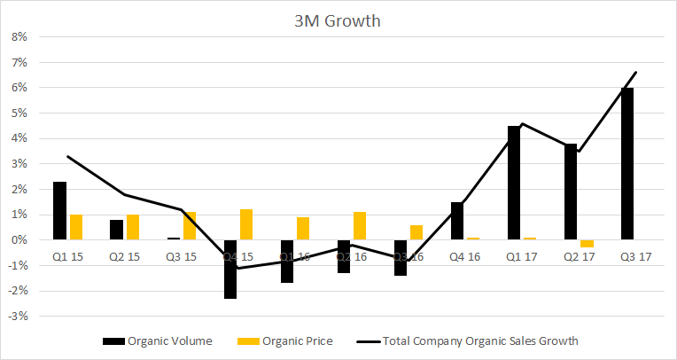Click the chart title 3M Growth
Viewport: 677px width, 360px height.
pyautogui.click(x=338, y=20)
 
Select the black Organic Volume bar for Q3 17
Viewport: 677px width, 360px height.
pyautogui.click(x=626, y=164)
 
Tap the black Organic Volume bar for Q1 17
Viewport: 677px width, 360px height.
pyautogui.click(x=513, y=183)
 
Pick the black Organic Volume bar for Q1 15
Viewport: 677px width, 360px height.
pyautogui.click(x=59, y=211)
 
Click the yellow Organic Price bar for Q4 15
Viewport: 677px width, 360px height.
pyautogui.click(x=246, y=224)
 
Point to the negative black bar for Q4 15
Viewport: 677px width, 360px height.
pyautogui.click(x=230, y=269)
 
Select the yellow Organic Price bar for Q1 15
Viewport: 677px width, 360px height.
pyautogui.click(x=76, y=227)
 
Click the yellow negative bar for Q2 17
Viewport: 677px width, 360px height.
pyautogui.click(x=587, y=244)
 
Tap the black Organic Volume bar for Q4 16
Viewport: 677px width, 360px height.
pyautogui.click(x=456, y=221)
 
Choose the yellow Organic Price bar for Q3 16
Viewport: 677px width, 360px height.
pyautogui.click(x=416, y=232)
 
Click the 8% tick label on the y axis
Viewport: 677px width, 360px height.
pyautogui.click(x=18, y=37)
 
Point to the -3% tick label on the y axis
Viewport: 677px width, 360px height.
pyautogui.click(x=16, y=316)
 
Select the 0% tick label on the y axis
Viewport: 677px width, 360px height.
pyautogui.click(x=18, y=240)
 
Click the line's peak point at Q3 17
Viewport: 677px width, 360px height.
pyautogui.click(x=636, y=73)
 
